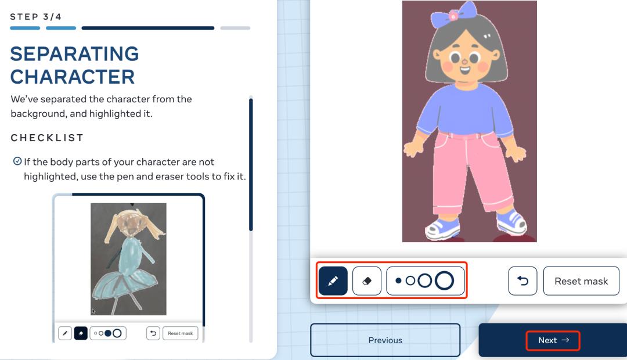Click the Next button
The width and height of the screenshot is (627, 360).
coord(553,340)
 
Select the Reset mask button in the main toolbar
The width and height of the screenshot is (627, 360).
coord(581,281)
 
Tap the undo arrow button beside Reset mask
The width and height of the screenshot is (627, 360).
coord(522,281)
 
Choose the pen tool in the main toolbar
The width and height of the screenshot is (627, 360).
coord(333,281)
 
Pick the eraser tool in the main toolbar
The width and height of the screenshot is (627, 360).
coord(367,281)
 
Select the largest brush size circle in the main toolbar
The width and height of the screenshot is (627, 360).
coord(444,281)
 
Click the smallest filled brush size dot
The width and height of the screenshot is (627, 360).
coord(398,281)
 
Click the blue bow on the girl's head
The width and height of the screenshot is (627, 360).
coord(454,15)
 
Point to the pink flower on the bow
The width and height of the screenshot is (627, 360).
coord(453,15)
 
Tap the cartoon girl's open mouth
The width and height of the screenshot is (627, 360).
coord(464,71)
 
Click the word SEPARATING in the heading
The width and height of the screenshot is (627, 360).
coord(74,53)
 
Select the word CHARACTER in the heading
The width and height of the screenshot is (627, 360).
coord(73,77)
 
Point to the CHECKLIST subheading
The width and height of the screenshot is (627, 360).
coord(47,138)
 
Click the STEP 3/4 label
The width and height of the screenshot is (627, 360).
coord(35,17)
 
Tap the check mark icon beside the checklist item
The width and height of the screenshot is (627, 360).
coord(17,161)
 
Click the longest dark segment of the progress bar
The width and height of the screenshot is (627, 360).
coord(148,28)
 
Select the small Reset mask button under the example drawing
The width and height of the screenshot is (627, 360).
coord(180,333)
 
